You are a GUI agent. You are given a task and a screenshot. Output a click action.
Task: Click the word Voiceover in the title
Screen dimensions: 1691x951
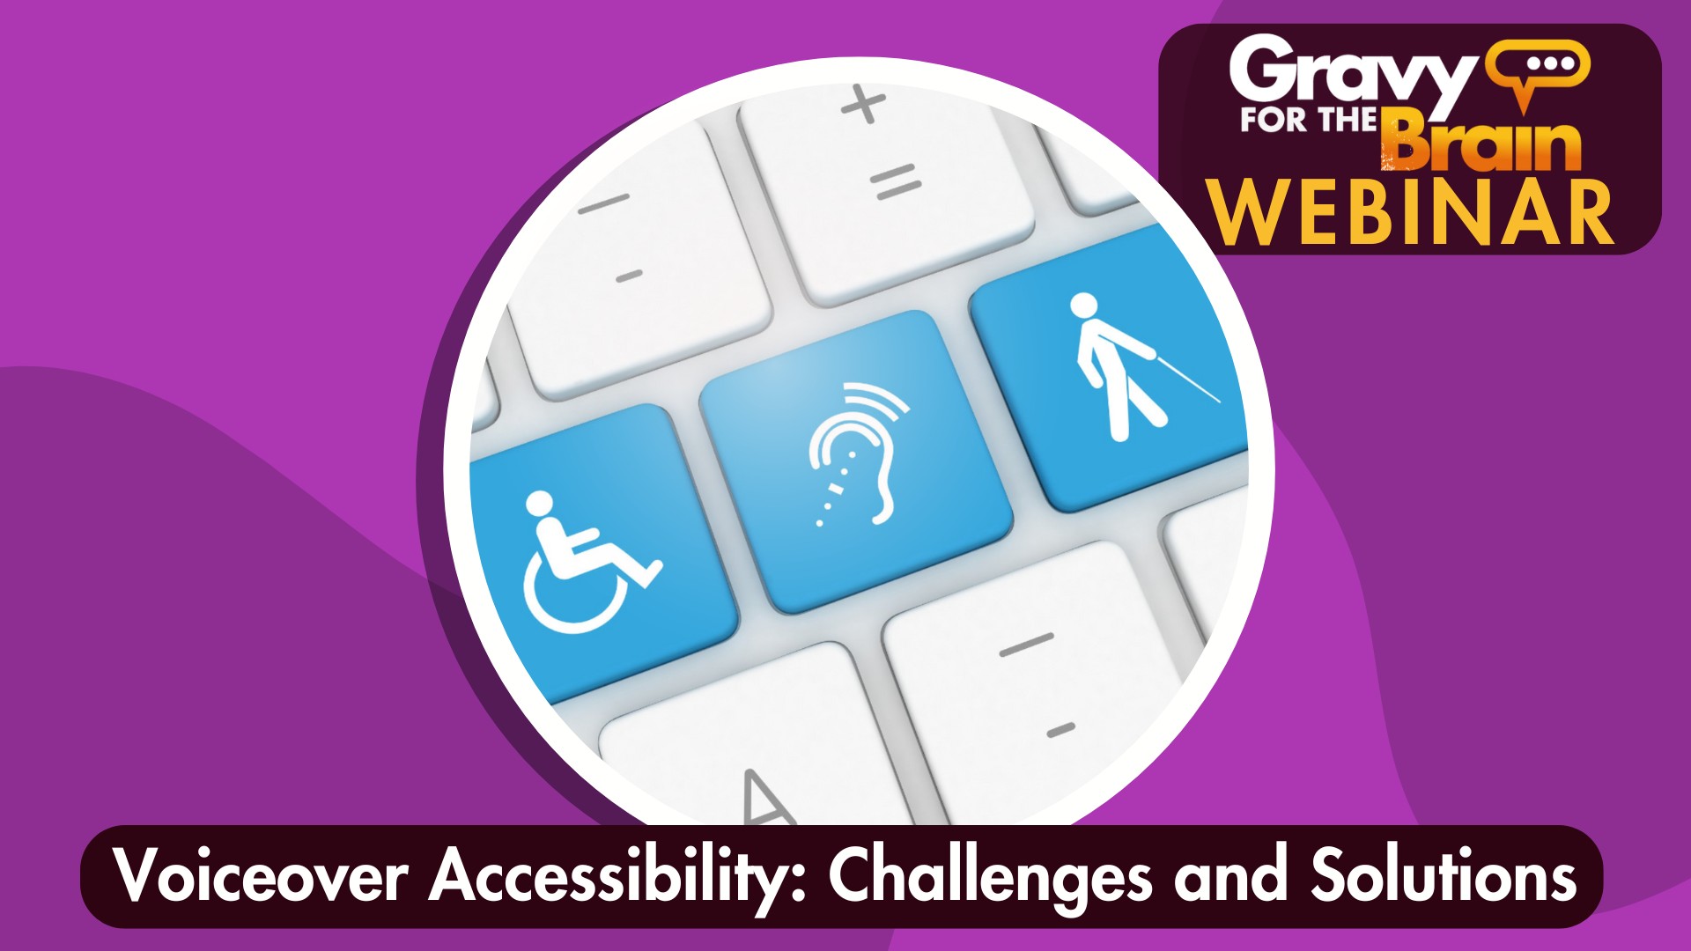262,876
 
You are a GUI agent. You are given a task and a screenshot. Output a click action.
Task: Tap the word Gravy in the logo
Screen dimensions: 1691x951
1353,76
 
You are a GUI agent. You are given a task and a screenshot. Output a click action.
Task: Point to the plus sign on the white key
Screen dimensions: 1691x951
863,104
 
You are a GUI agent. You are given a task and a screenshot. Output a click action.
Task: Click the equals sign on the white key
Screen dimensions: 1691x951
896,183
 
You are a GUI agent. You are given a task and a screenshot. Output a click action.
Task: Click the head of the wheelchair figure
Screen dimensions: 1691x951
539,504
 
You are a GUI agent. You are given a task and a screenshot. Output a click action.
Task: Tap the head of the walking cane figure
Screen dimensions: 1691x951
1083,306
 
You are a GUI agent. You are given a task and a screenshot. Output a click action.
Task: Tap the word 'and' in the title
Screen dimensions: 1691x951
1231,876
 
